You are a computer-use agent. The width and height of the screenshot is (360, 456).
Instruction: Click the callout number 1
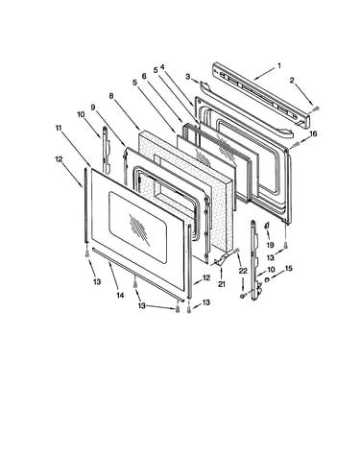(x=279, y=66)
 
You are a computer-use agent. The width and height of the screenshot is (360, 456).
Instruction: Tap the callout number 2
(x=292, y=81)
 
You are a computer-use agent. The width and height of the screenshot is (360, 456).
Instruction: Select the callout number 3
(x=188, y=76)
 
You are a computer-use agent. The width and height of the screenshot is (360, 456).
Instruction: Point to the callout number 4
(x=162, y=67)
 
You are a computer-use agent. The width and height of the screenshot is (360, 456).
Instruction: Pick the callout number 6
(x=144, y=76)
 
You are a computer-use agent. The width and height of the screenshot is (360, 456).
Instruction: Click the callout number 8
(x=111, y=96)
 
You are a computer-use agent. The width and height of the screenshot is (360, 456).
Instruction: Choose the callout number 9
(x=93, y=108)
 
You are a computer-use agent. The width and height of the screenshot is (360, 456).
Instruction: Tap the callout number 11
(x=58, y=128)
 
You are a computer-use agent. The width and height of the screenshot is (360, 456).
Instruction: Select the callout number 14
(x=120, y=295)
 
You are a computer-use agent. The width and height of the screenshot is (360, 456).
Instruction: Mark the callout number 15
(x=289, y=269)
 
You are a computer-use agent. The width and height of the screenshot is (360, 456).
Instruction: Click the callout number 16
(x=313, y=133)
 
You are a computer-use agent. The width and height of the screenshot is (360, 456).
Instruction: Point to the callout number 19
(x=270, y=245)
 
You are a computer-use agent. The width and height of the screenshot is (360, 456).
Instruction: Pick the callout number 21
(x=222, y=283)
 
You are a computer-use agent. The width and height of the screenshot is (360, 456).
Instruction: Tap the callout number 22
(x=243, y=271)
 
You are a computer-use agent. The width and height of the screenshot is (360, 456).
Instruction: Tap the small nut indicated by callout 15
(x=268, y=280)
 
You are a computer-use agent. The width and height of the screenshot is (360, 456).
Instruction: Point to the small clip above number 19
(x=267, y=226)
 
